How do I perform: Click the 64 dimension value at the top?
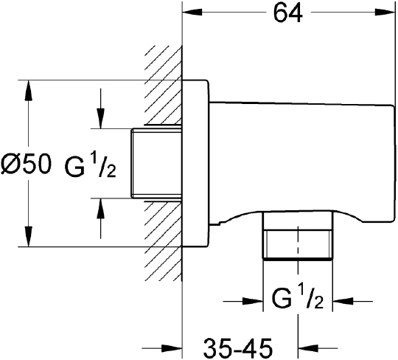(x=288, y=13)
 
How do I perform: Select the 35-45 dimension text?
(x=238, y=347)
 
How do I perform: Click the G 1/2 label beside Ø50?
(x=91, y=166)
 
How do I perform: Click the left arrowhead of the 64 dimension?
(x=192, y=12)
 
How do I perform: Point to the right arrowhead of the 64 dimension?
(x=385, y=12)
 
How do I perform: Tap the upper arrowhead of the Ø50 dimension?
(x=28, y=90)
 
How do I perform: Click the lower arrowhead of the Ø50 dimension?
(x=28, y=236)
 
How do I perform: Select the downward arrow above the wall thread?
(x=101, y=108)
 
